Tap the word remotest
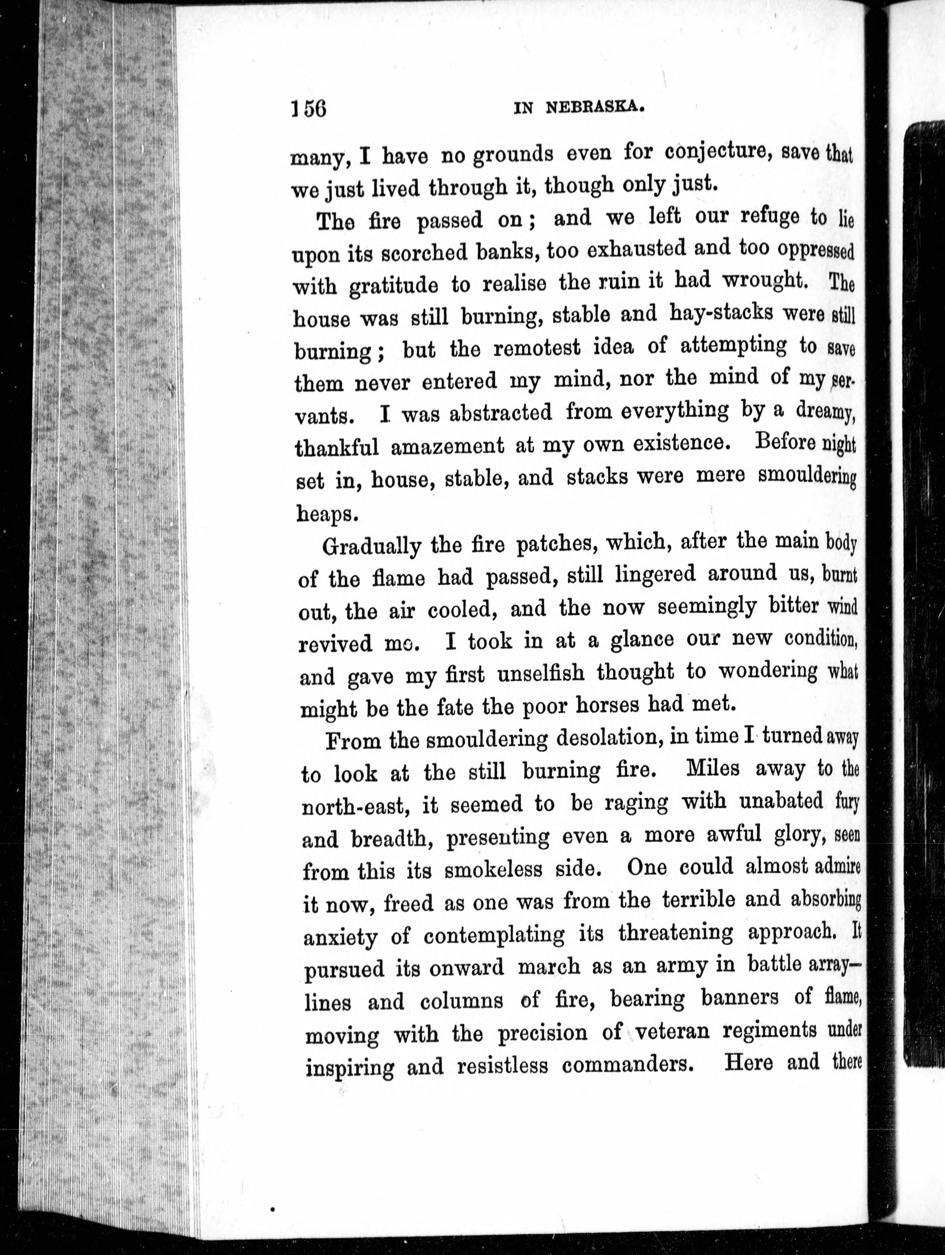(x=537, y=347)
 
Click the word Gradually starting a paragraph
(x=371, y=546)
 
